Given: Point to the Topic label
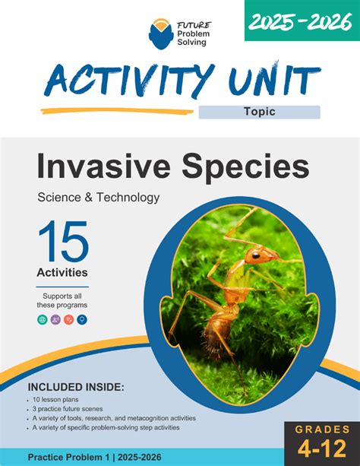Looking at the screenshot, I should [x=259, y=112].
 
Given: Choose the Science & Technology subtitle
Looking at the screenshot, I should [x=98, y=198].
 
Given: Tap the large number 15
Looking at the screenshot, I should [x=63, y=242].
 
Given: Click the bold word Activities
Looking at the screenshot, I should [x=62, y=271].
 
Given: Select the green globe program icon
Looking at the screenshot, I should [x=43, y=320].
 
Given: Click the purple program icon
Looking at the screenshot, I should [x=55, y=320].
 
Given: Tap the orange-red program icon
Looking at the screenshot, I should [x=68, y=320].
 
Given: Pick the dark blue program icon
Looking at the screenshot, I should [x=82, y=320].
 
